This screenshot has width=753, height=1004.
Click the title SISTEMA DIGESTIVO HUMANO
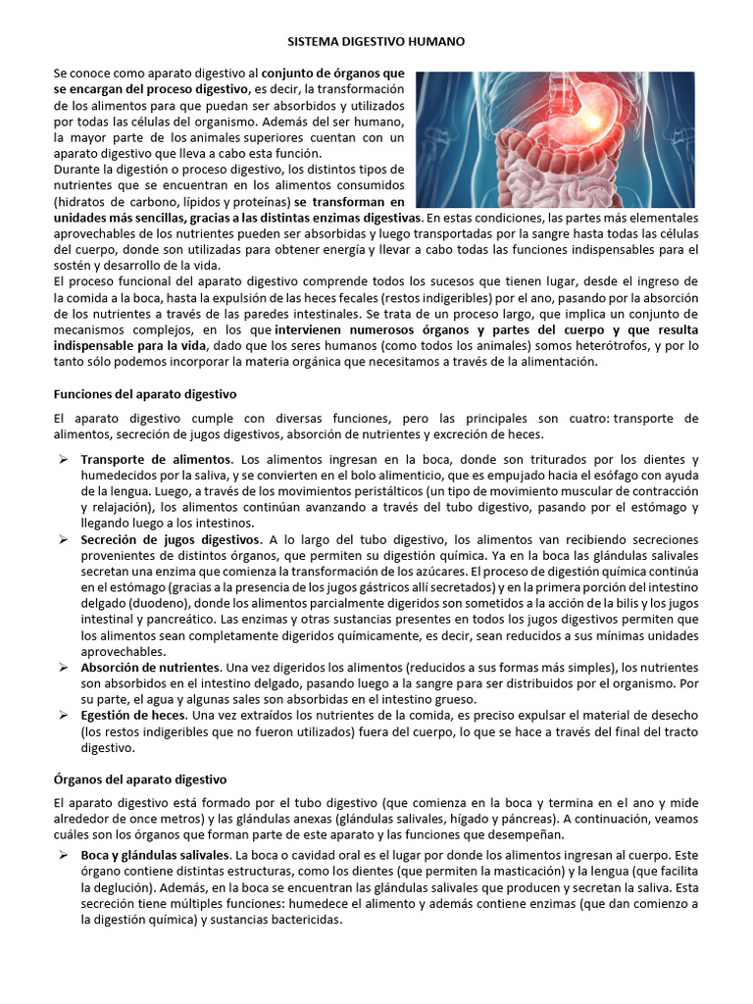tap(376, 43)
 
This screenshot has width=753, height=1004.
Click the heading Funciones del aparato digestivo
tap(144, 393)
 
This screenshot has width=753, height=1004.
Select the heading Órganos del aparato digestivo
tap(139, 778)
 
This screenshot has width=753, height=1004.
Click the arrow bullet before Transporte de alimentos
tap(62, 459)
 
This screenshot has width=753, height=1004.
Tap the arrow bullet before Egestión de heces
tap(62, 715)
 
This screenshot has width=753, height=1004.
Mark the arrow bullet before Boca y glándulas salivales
tap(62, 856)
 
